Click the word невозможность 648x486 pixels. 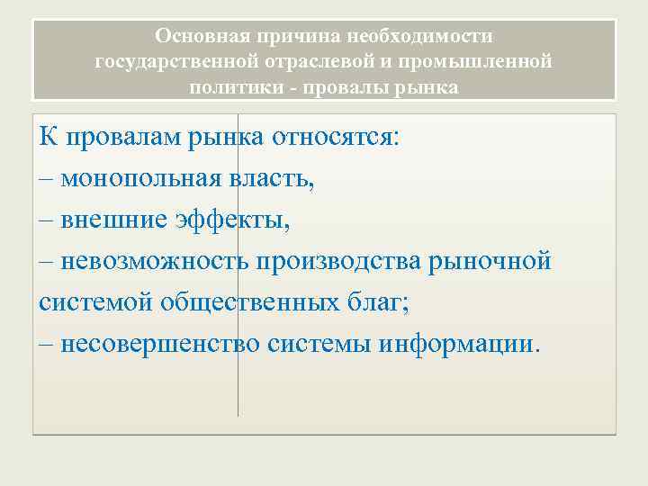(156, 262)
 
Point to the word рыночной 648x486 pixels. (492, 262)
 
